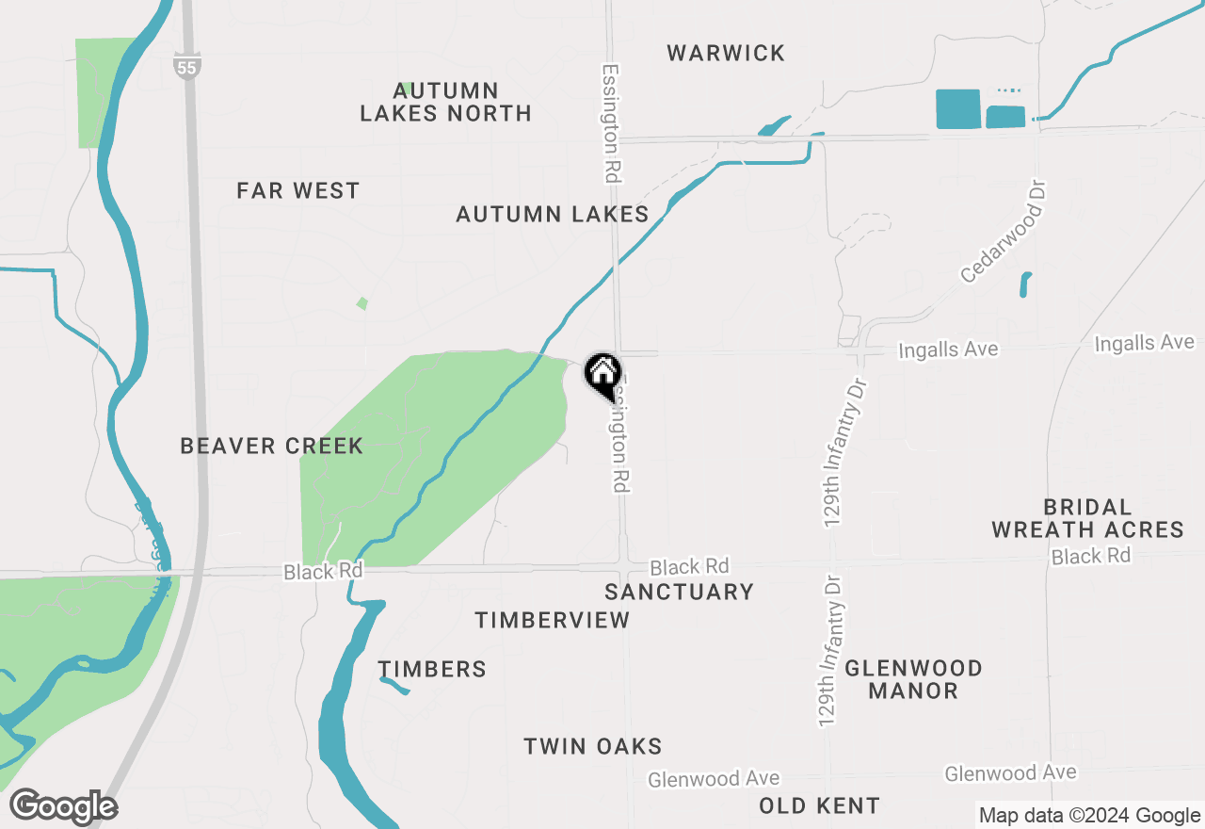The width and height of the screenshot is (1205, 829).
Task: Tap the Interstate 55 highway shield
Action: [187, 66]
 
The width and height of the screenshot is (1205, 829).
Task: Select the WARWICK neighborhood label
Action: [726, 53]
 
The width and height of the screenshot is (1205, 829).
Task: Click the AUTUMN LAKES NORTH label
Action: [445, 102]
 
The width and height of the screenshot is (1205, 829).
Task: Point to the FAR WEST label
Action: [297, 190]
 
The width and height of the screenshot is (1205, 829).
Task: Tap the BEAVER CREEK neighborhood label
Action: [271, 446]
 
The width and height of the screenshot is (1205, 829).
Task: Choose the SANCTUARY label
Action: [679, 592]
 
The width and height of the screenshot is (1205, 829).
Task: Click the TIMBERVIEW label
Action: [552, 620]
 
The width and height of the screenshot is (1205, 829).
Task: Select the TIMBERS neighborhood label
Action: [432, 669]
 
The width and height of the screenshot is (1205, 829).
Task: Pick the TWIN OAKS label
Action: [593, 747]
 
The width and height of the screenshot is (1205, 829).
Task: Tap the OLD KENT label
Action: [819, 806]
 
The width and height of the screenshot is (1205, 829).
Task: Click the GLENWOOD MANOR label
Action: [913, 679]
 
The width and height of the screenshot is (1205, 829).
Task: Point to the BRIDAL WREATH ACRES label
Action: [1087, 518]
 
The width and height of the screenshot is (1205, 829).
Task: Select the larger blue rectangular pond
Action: [958, 109]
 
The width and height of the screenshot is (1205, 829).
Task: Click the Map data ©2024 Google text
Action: [1089, 816]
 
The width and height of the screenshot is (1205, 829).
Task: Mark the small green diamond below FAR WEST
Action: [361, 303]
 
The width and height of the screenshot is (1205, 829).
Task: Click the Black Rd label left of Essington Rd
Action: [323, 572]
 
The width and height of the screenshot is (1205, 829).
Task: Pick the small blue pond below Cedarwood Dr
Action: [1024, 284]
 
